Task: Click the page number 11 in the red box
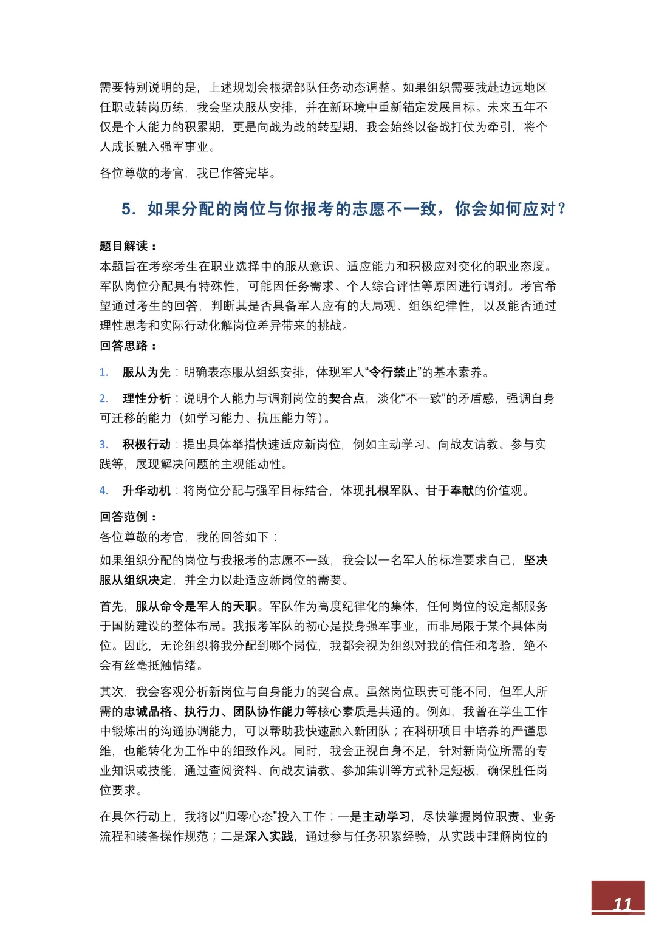622,904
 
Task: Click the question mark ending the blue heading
561,209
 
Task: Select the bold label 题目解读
124,246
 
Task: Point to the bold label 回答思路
124,346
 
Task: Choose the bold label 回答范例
124,517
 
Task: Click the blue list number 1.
104,372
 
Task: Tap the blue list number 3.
104,445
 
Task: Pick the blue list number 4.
104,491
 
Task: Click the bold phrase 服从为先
146,372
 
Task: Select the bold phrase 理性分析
146,398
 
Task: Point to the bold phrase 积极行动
146,445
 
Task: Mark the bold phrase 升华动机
146,491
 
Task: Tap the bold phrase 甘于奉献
449,491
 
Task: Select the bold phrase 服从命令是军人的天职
196,606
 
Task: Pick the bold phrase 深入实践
269,836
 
